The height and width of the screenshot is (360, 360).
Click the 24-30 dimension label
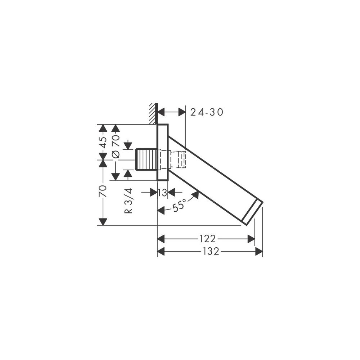point(207,112)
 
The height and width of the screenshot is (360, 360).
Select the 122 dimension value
point(208,239)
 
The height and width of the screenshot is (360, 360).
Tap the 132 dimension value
point(211,251)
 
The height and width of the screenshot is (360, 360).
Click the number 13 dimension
point(162,193)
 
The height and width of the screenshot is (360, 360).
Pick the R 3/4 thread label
point(129,201)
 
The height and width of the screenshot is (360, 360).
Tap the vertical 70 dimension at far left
point(103,191)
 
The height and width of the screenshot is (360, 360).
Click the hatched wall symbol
point(153,114)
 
